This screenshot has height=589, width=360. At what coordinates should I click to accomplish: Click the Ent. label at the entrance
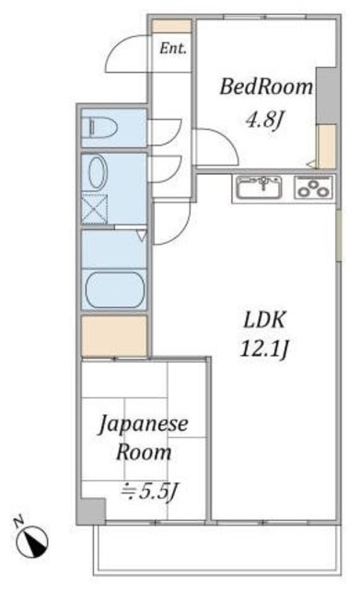point(172,49)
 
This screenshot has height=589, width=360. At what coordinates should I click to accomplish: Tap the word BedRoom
point(265,88)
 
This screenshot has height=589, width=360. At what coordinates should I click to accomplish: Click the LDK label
point(266,319)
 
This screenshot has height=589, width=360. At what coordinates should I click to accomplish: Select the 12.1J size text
point(266,351)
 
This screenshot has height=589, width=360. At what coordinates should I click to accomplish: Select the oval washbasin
point(96,173)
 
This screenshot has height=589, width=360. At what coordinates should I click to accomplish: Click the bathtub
point(114,290)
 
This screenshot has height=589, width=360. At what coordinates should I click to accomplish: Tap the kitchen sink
point(261,188)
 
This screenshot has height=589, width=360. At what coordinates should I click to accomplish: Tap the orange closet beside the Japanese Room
point(113,336)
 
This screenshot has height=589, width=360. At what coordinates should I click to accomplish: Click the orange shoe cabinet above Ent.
point(172,26)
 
